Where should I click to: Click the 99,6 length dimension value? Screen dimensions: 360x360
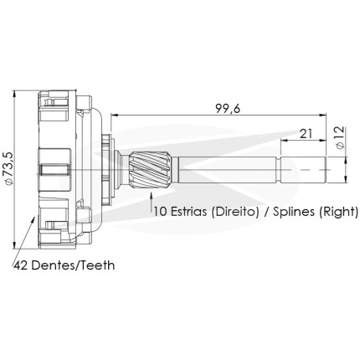(228, 109)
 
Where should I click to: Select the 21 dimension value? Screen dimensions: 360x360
(306, 134)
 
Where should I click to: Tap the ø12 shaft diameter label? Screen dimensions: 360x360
(340, 138)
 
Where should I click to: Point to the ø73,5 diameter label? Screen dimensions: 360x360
(8, 168)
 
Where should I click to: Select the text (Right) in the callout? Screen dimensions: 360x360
(338, 212)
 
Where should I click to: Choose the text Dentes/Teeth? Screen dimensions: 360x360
(73, 265)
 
